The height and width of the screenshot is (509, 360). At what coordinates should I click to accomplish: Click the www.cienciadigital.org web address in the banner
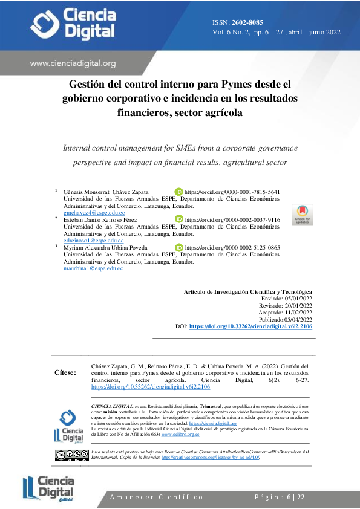pyautogui.click(x=73, y=63)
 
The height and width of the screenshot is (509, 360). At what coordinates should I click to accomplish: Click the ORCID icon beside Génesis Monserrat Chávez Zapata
pyautogui.click(x=178, y=192)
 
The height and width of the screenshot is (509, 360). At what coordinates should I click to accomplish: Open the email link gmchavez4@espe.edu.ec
pyautogui.click(x=94, y=213)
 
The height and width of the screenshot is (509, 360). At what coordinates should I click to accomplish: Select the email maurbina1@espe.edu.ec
pyautogui.click(x=93, y=268)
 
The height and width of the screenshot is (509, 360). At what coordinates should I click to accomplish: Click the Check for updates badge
pyautogui.click(x=303, y=215)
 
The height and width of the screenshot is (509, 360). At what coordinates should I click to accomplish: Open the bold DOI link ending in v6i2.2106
pyautogui.click(x=250, y=326)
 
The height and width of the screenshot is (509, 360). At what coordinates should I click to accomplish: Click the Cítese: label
pyautogui.click(x=65, y=373)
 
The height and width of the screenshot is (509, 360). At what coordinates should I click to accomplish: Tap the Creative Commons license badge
pyautogui.click(x=71, y=455)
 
